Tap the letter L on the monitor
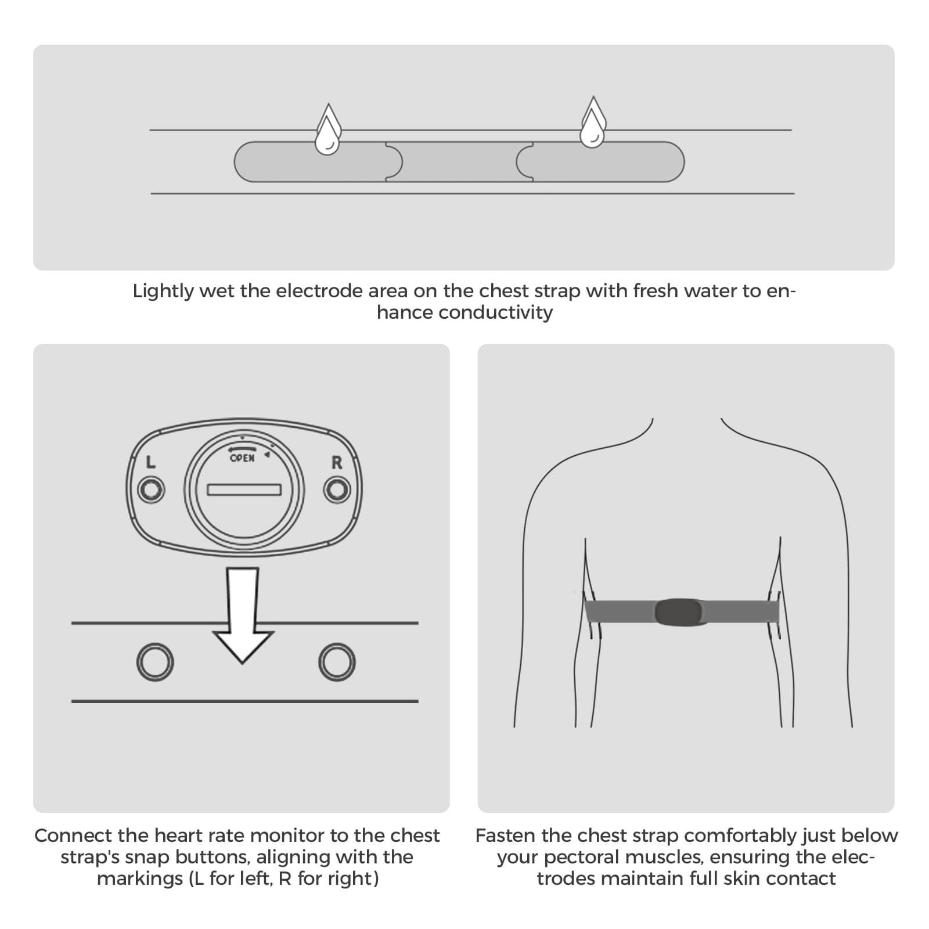(x=151, y=462)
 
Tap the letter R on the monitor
(x=337, y=463)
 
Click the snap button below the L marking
(x=151, y=490)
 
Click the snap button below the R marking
(x=337, y=490)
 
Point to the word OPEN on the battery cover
(x=242, y=458)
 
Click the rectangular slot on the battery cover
(x=244, y=490)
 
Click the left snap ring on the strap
(x=155, y=662)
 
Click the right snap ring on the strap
(x=337, y=662)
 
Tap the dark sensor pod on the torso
(x=679, y=612)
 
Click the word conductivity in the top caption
(x=495, y=312)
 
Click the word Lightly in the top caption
(x=163, y=291)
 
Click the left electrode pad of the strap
(x=311, y=162)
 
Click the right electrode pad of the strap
(x=604, y=162)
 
